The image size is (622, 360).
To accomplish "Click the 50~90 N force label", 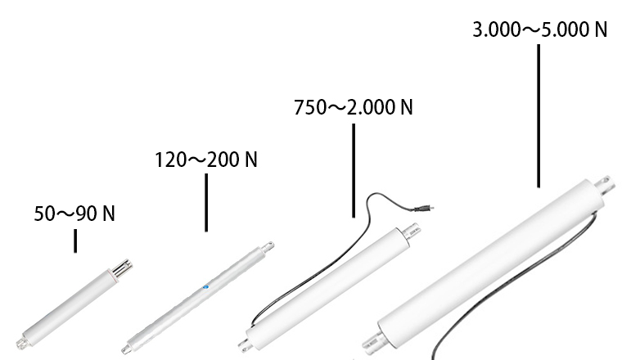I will tap(74, 214).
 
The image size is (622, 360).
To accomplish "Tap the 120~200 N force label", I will tap(206, 159).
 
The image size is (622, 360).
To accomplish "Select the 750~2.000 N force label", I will tap(354, 108).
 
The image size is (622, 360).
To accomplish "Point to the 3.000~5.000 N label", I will tap(540, 30).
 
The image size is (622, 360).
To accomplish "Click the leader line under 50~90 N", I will tap(75, 241).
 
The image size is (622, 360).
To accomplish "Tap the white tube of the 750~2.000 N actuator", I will tap(327, 286).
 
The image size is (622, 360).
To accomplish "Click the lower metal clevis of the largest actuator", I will tap(370, 342).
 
